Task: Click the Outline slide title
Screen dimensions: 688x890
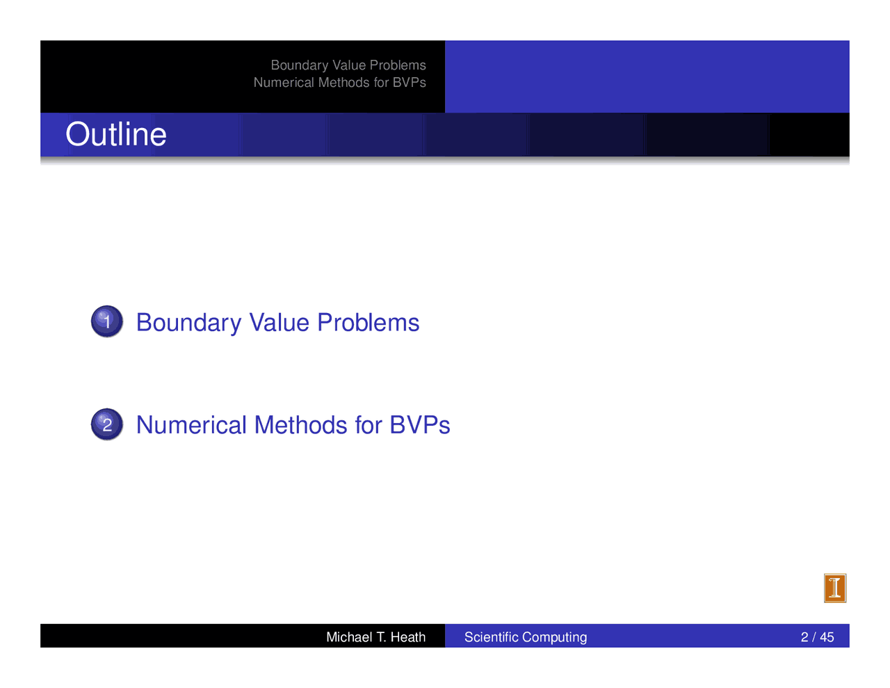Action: [x=116, y=134]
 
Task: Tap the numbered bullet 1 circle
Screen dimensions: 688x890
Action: [x=107, y=321]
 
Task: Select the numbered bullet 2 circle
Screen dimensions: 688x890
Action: [x=107, y=424]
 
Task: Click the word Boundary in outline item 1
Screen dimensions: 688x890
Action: [x=188, y=323]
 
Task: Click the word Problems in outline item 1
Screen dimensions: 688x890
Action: [x=368, y=323]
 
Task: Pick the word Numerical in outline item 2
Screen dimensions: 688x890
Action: [x=191, y=425]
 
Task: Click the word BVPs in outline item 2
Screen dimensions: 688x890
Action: [x=419, y=425]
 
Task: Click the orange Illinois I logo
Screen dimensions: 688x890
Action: [x=835, y=588]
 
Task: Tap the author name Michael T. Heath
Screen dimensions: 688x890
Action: [x=375, y=637]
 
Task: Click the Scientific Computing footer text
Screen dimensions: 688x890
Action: [x=526, y=637]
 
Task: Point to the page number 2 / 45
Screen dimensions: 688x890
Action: [x=817, y=637]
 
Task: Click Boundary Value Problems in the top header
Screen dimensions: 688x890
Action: [x=348, y=65]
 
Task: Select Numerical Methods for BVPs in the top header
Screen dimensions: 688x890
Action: [x=340, y=82]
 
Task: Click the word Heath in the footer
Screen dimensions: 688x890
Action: [x=408, y=637]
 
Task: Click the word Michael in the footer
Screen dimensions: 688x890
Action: [x=349, y=637]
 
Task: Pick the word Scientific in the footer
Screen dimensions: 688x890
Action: [x=492, y=637]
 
